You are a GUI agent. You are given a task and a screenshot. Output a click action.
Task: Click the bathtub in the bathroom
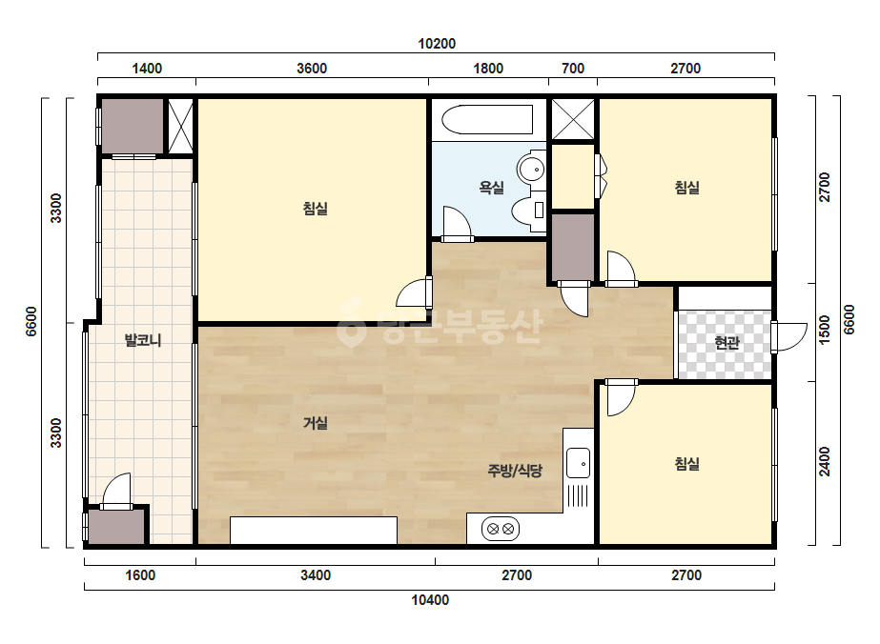pos(487,119)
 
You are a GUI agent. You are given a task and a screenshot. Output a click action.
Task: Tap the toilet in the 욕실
pos(528,210)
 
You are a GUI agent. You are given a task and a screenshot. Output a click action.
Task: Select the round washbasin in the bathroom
pos(531,168)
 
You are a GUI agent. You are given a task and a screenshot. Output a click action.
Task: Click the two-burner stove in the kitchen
pos(500,529)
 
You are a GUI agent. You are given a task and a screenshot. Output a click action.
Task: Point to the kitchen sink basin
pos(578,463)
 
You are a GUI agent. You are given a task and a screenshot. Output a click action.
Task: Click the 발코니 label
pos(143,340)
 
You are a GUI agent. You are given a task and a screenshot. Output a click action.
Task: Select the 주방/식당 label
pos(515,471)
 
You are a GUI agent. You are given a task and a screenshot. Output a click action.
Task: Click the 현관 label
pos(727,343)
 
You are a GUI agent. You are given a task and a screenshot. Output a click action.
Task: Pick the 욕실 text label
pos(491,188)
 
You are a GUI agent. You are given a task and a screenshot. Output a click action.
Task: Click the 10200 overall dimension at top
pos(437,44)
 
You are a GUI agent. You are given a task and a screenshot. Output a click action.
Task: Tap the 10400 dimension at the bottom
pos(430,600)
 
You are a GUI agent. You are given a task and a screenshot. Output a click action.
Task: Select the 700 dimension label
pos(573,69)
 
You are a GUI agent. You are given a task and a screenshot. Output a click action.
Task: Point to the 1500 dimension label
pos(825,330)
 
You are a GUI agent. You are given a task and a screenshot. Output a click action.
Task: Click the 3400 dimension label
pos(316,575)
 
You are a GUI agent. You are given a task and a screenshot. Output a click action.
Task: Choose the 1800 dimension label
pos(488,69)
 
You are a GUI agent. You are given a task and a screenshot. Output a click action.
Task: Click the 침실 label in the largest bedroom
pos(316,209)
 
